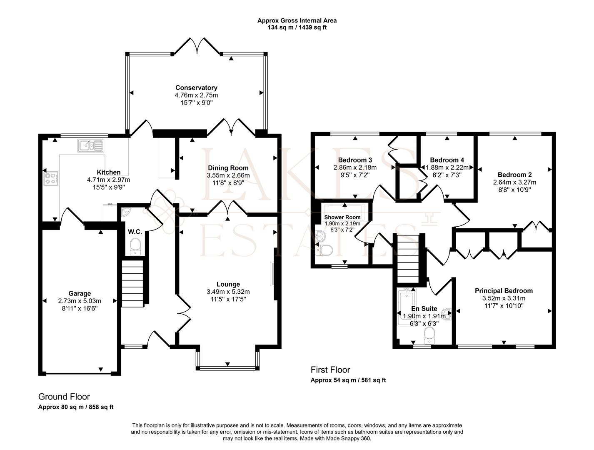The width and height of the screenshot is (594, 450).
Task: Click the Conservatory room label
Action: pos(196,87)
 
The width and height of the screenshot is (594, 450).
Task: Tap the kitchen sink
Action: pos(91,145)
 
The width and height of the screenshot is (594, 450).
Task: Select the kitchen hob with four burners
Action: pos(51,179)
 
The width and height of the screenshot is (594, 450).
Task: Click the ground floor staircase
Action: pos(132,284)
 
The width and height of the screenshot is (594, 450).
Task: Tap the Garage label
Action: pos(80,293)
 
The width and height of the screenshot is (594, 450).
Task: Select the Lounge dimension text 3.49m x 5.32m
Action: pos(228,292)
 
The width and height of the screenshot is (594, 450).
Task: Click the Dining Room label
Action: pos(228,168)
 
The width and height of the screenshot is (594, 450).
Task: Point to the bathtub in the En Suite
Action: pos(406,307)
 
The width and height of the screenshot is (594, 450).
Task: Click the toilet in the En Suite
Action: pos(429,336)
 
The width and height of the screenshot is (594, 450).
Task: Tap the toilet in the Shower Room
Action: pos(324,250)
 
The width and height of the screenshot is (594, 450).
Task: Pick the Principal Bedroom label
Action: pos(504,290)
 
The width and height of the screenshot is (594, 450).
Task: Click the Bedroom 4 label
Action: pos(447,160)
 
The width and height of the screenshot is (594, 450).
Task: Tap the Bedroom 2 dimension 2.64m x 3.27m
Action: pos(515,182)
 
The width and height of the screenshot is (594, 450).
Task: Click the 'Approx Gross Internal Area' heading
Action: pos(297,20)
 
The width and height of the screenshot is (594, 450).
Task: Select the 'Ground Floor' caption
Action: pos(64,397)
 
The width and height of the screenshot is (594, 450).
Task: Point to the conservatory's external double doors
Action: pos(197,46)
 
